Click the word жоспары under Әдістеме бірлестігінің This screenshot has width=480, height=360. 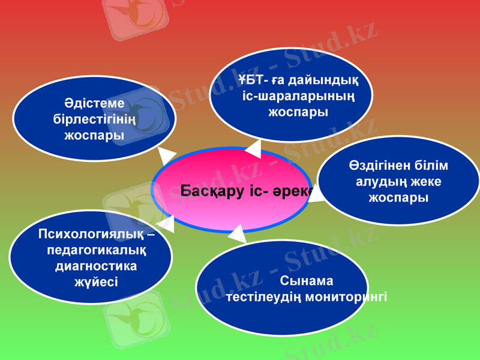pyautogui.click(x=94, y=135)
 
